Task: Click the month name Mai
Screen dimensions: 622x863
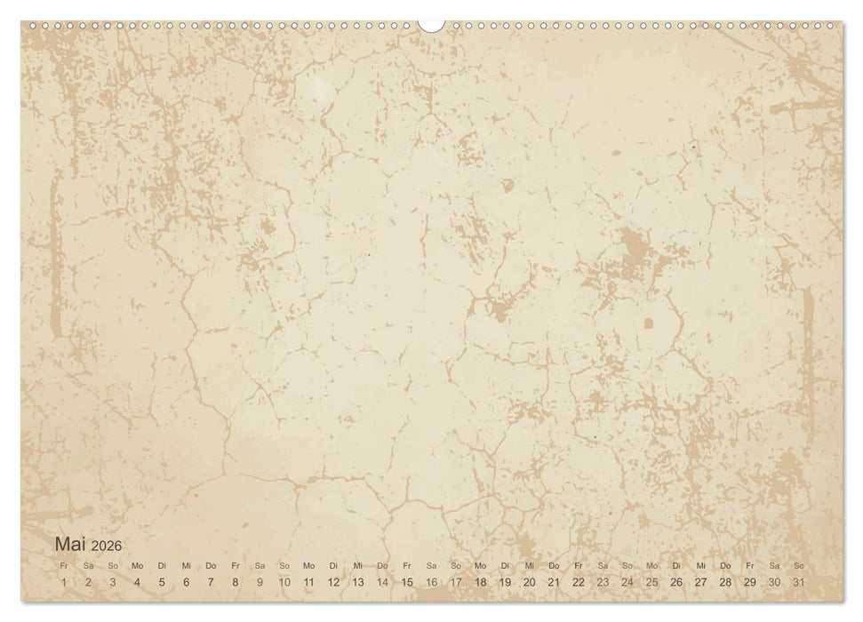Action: [x=70, y=544]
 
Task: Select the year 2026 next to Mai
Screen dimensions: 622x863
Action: [x=106, y=546]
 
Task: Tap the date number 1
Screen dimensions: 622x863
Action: [x=63, y=582]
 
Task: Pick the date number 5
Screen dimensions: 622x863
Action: [x=162, y=582]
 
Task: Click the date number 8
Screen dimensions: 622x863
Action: [x=236, y=582]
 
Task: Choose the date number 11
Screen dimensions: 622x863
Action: [x=308, y=582]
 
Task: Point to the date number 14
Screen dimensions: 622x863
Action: [x=382, y=582]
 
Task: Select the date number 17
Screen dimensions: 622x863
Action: [x=456, y=582]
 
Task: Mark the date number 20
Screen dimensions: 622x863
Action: [x=530, y=582]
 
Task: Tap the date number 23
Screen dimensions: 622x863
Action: [x=603, y=582]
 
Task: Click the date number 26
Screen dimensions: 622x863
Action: [x=676, y=582]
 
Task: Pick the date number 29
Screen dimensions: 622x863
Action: [x=750, y=582]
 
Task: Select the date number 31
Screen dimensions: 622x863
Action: [x=799, y=582]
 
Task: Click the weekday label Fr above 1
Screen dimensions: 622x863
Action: [x=63, y=565]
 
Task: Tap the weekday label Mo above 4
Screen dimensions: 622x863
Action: [x=137, y=565]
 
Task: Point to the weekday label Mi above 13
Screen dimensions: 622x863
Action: [x=357, y=565]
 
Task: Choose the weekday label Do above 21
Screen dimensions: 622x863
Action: [x=554, y=565]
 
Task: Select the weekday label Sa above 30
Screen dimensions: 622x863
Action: [x=774, y=565]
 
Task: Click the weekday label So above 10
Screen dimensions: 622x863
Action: [x=284, y=565]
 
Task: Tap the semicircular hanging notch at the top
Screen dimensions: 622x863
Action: [x=432, y=25]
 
